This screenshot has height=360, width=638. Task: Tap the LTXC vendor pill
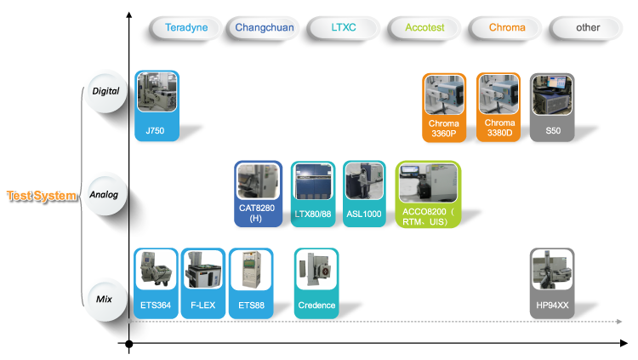343,27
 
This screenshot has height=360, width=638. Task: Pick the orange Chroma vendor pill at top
507,27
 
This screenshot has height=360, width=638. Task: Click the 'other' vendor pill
588,27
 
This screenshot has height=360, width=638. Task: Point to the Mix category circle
104,299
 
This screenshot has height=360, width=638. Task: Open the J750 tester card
157,106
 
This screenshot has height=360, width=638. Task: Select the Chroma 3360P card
444,106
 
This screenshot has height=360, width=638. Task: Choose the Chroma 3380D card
498,106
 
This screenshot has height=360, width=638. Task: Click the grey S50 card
552,106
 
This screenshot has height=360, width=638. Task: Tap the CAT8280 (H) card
258,195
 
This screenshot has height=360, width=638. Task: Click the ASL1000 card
364,193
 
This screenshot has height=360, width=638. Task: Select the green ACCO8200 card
428,194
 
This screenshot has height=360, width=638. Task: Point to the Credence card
316,283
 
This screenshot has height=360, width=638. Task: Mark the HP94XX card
552,283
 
